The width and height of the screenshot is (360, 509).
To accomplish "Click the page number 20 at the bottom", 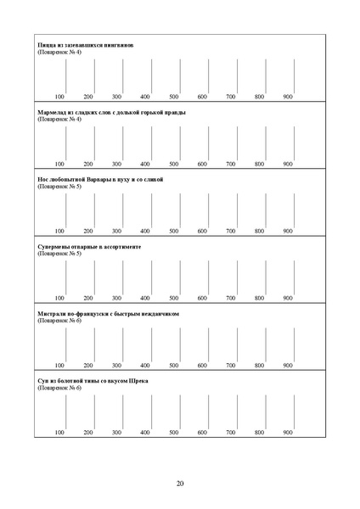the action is coord(180,484).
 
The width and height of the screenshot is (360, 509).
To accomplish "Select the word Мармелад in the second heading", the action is coord(53,112).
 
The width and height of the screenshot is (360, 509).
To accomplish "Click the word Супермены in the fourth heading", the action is coord(55,246).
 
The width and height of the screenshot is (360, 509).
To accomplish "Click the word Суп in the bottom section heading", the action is coord(44,380).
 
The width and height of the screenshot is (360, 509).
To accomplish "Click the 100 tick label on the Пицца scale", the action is coord(59,97).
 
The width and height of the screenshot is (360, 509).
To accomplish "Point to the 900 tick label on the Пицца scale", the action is coord(288,97).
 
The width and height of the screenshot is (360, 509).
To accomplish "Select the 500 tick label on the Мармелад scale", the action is coord(173,164).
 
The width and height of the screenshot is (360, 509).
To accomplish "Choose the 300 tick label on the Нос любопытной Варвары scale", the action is coord(116,231).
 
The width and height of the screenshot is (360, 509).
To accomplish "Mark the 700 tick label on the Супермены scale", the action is coord(230,298).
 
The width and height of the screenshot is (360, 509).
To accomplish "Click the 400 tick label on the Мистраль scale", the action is coord(145,365).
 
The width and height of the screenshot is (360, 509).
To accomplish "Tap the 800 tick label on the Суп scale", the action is coord(259,432).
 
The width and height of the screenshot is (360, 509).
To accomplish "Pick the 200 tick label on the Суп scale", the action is coord(88,432).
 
